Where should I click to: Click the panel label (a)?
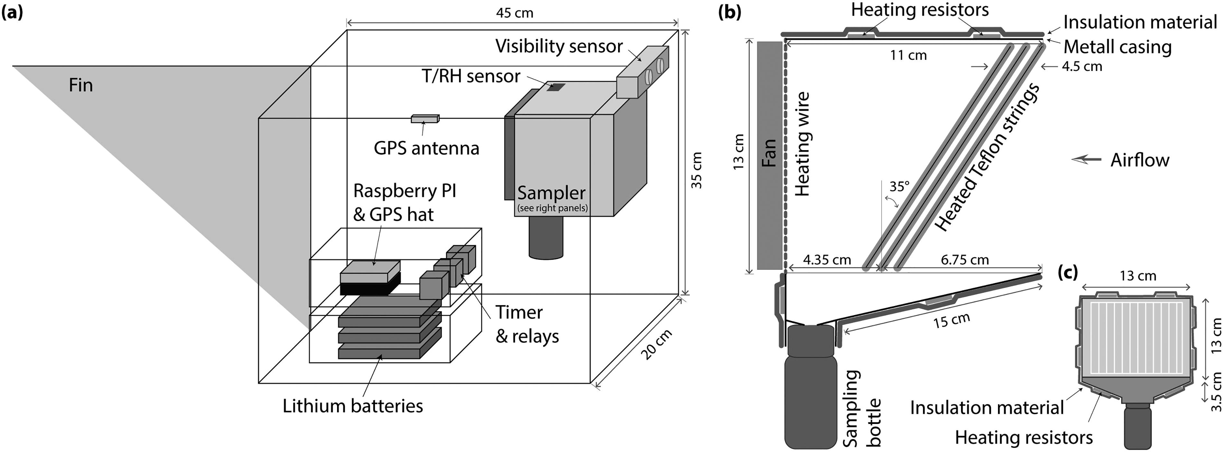click(x=12, y=12)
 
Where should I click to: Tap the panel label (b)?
click(x=730, y=12)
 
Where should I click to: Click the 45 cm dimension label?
click(x=515, y=13)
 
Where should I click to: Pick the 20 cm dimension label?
click(x=656, y=344)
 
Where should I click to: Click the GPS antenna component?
click(x=425, y=119)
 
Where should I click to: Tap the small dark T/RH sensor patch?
click(x=555, y=87)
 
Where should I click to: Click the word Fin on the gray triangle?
click(x=81, y=85)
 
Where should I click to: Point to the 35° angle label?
click(x=899, y=186)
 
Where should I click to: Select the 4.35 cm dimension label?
click(x=827, y=260)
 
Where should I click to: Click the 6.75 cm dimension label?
click(x=965, y=260)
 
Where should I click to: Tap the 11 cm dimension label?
click(x=908, y=55)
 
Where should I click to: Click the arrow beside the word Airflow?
click(x=1086, y=160)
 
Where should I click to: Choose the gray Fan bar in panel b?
click(x=770, y=155)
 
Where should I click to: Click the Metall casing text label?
click(x=1117, y=47)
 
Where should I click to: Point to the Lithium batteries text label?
click(x=353, y=406)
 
